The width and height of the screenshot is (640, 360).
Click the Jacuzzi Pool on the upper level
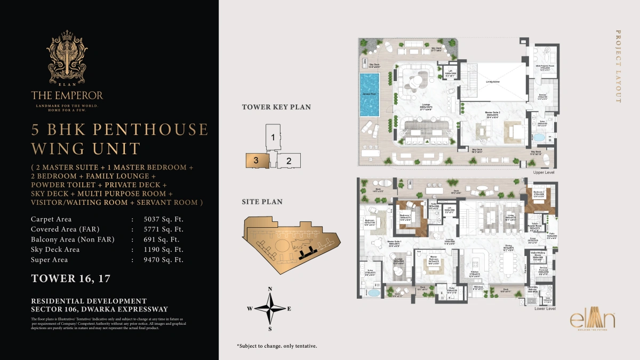pos(369,95)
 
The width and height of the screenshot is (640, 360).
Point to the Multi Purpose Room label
pos(546,68)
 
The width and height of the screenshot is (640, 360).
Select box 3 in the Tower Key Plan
pos(256,160)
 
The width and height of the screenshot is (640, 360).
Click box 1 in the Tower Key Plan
pos(273,137)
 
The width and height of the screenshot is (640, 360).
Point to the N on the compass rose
pos(270,289)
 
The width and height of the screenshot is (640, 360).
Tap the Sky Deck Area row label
pos(55,250)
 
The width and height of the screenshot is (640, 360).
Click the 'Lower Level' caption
pos(543,308)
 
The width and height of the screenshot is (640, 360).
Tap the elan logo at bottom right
pos(592,321)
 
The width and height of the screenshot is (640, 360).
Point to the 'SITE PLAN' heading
pos(262,202)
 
